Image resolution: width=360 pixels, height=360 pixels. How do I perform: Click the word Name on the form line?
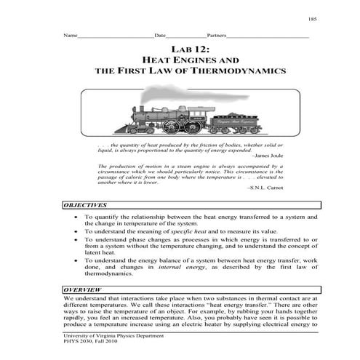[71, 35]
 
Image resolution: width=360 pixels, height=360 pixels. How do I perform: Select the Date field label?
[161, 35]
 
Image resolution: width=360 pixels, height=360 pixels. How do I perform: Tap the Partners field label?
[217, 35]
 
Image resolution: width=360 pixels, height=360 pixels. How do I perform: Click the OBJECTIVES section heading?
[86, 206]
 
